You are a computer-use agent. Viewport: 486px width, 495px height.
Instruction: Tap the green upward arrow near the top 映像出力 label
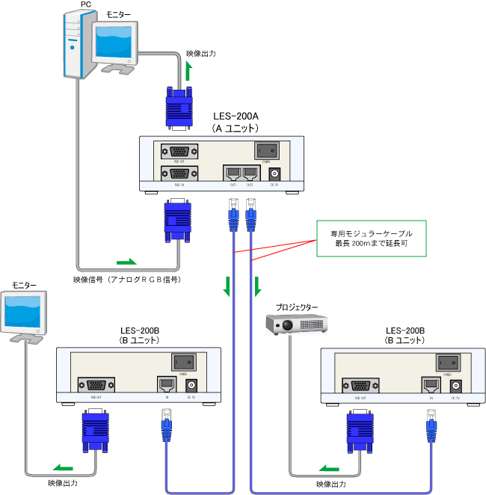[x=188, y=73]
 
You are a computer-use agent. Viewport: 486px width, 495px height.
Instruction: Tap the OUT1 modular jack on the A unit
[x=232, y=173]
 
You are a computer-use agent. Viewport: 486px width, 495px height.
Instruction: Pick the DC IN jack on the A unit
[x=273, y=173]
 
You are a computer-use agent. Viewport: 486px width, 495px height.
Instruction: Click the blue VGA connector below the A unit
[x=177, y=221]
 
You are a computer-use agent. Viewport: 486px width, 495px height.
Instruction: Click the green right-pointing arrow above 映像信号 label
[x=127, y=262]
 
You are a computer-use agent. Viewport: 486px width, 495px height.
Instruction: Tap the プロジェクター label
[x=297, y=307]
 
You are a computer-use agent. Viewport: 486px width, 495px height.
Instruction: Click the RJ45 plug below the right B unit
[x=431, y=429]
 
